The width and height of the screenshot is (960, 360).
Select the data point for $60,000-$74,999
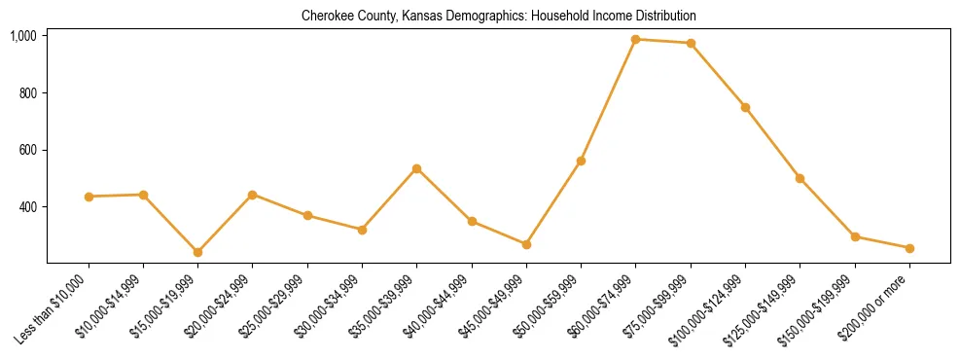coord(635,39)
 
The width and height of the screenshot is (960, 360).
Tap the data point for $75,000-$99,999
coord(691,43)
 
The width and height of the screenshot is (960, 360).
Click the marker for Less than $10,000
coord(89,197)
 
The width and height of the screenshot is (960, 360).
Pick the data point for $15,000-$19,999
coord(197,252)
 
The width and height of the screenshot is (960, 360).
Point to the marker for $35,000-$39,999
coord(416,168)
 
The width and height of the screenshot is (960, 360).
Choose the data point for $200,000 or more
coord(909,248)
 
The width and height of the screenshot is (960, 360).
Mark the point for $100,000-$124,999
coord(745,107)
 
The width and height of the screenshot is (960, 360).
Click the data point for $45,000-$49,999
coord(526,244)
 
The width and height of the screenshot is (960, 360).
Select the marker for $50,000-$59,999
coord(581,161)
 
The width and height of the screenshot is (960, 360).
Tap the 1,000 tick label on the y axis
coord(23,36)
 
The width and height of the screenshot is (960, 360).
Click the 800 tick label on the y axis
coord(27,93)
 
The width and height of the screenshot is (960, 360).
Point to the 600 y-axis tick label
coord(27,150)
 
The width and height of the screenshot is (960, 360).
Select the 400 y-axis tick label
coord(27,207)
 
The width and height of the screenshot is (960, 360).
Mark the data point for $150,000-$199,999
coord(855,236)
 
